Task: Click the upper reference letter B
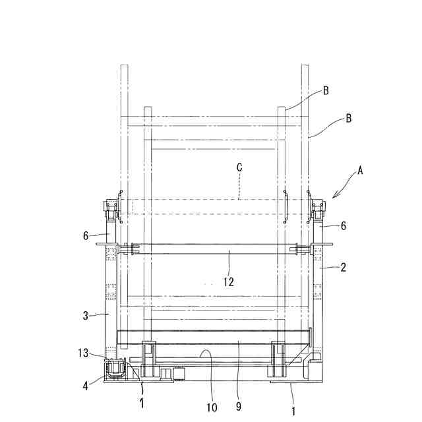[x=326, y=91]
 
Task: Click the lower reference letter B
[x=348, y=118]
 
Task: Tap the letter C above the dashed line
[x=239, y=167]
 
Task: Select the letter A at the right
[x=360, y=170]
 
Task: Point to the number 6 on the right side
[x=344, y=226]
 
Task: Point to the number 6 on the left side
[x=86, y=236]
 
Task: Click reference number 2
[x=343, y=268]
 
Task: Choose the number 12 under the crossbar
[x=229, y=282]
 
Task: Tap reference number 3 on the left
[x=85, y=316]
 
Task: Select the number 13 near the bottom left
[x=83, y=353]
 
